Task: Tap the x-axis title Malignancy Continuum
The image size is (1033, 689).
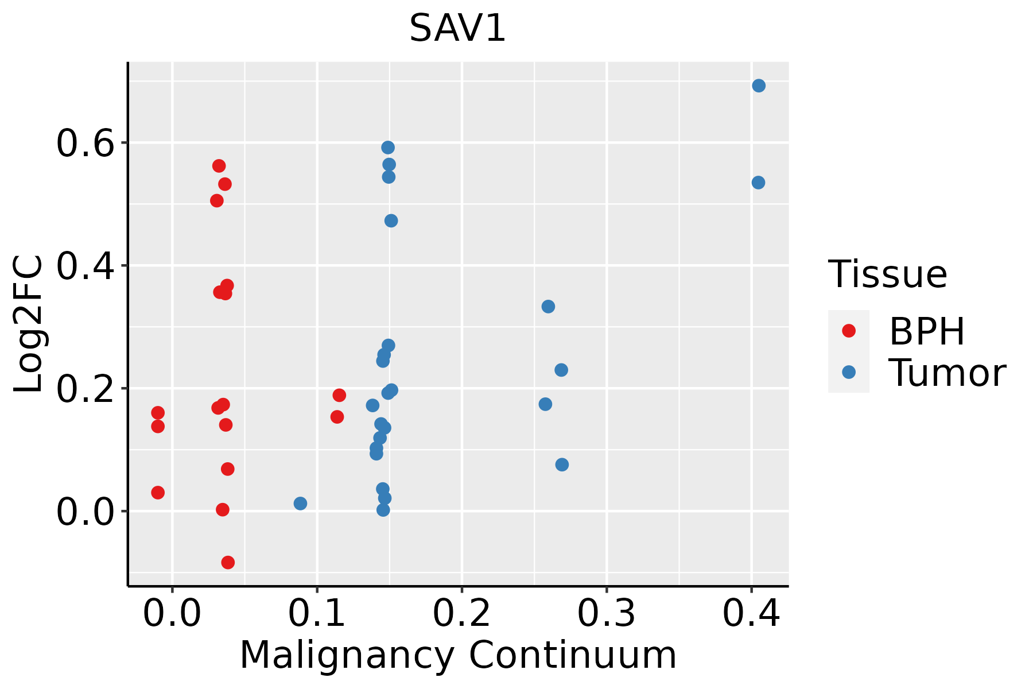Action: pos(457,655)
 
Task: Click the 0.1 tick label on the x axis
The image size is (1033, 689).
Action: pos(317,613)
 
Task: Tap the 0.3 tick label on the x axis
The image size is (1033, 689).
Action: pos(606,613)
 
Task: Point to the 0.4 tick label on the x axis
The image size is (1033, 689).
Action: pos(751,613)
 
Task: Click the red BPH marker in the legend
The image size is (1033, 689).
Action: pos(848,331)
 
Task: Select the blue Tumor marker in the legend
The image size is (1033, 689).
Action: pos(848,372)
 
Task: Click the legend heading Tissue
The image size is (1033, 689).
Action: pos(888,274)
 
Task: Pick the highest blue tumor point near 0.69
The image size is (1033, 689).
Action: pos(759,86)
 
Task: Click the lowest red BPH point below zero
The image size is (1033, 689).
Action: pos(228,562)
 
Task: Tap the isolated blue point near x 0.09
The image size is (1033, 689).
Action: pos(300,504)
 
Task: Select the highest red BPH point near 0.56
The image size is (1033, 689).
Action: pos(219,166)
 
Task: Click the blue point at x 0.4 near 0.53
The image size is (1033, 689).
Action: pos(758,183)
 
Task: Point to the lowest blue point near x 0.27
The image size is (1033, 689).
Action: pos(562,465)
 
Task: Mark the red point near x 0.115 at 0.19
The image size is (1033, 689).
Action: pos(339,395)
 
